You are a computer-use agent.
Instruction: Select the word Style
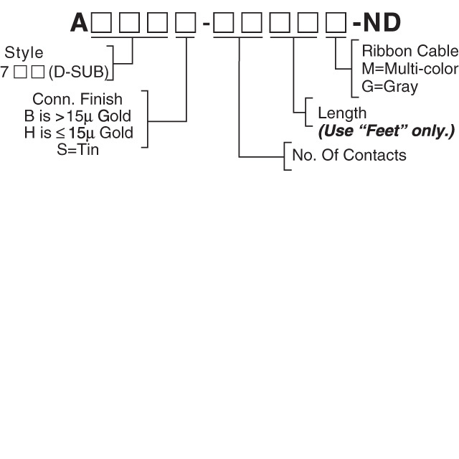coord(24,53)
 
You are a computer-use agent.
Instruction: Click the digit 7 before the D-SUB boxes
coord(4,72)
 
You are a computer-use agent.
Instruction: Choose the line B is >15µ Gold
coord(77,115)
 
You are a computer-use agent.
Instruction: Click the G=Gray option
coord(391,87)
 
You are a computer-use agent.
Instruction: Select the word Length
coord(342,113)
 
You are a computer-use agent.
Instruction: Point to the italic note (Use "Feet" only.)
coord(387,131)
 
